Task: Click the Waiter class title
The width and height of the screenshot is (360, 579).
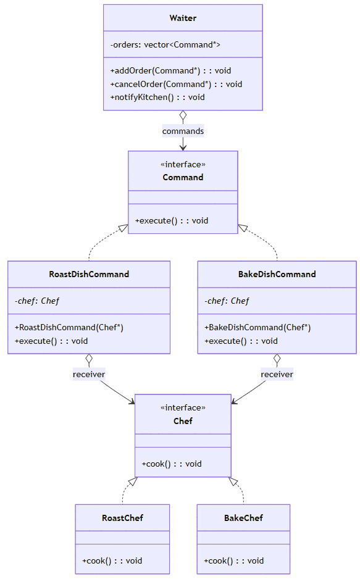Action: [183, 18]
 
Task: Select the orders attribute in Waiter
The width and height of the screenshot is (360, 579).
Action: [165, 44]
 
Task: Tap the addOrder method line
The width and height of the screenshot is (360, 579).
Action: [170, 70]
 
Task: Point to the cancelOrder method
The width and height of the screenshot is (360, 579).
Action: [176, 84]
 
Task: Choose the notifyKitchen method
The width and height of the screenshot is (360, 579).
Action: [157, 97]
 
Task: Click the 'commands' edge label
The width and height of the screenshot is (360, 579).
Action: [183, 131]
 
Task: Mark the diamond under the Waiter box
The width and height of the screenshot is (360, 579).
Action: [183, 115]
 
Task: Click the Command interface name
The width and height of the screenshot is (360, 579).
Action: [183, 177]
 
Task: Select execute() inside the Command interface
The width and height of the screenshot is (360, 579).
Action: [172, 221]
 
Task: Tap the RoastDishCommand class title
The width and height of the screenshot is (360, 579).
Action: [89, 274]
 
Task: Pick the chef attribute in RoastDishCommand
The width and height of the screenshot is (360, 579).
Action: [37, 301]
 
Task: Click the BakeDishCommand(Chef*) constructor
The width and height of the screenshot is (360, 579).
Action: [257, 328]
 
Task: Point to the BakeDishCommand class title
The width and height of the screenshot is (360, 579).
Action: [277, 274]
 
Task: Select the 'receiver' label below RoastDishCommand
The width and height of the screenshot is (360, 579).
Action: [89, 375]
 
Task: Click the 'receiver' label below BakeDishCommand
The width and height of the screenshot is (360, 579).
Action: [277, 375]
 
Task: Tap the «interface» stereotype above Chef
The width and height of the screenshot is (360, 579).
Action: [183, 407]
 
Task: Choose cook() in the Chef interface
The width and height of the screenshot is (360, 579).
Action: [172, 464]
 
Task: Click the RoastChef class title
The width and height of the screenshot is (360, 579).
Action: [123, 518]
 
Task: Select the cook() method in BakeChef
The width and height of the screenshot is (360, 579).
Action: [234, 561]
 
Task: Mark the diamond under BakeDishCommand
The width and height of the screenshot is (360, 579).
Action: [277, 359]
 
